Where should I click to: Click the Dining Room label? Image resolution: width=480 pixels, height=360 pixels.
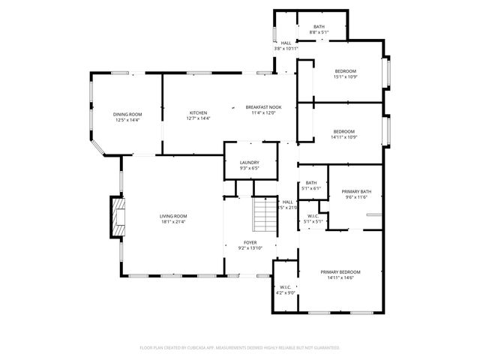click(x=127, y=114)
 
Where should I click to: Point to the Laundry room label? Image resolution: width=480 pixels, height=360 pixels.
click(x=250, y=163)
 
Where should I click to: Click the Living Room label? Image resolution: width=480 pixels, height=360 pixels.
click(x=172, y=216)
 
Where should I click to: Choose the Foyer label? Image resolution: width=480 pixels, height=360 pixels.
click(x=250, y=242)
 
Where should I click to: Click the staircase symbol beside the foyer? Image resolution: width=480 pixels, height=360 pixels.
click(x=263, y=214)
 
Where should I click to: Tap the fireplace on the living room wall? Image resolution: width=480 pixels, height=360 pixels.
click(x=116, y=217)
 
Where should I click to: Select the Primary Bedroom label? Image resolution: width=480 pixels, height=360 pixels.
click(x=340, y=271)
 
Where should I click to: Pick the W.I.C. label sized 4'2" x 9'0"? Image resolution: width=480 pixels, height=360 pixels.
click(x=285, y=287)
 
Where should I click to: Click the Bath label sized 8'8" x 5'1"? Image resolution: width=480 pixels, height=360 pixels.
click(x=319, y=27)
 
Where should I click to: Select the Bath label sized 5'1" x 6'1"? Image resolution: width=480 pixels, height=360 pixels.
click(x=310, y=182)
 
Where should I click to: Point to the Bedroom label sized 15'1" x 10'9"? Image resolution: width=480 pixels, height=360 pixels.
click(x=345, y=70)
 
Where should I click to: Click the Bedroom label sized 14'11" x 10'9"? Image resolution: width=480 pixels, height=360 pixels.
click(x=344, y=131)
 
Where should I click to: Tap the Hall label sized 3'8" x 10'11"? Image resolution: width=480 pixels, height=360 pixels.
click(x=286, y=43)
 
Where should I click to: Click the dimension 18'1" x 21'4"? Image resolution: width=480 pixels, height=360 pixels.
click(x=172, y=221)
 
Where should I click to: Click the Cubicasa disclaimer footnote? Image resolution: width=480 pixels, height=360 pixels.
click(x=240, y=348)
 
